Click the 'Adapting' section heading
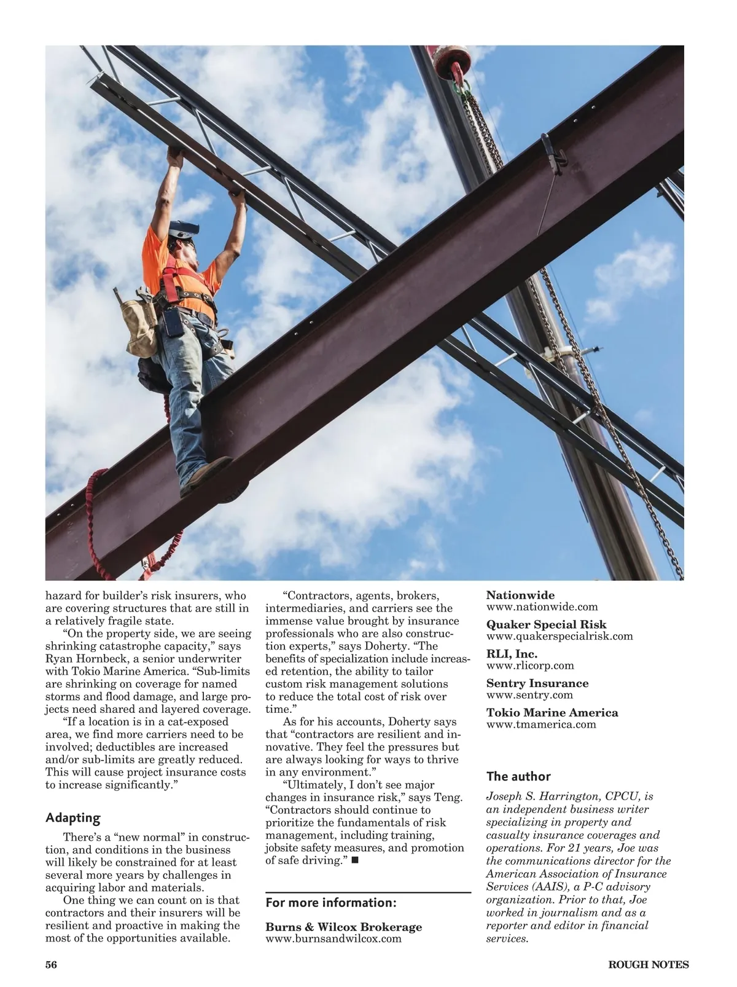point(72,818)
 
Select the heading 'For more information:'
point(331,903)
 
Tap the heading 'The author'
point(518,776)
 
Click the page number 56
point(51,964)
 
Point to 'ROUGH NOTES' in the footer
point(648,964)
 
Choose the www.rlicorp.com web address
point(530,666)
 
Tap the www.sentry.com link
point(529,695)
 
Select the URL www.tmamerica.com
point(541,725)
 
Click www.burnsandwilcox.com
point(333,938)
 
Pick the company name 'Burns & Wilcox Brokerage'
point(343,927)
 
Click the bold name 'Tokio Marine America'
point(552,713)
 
